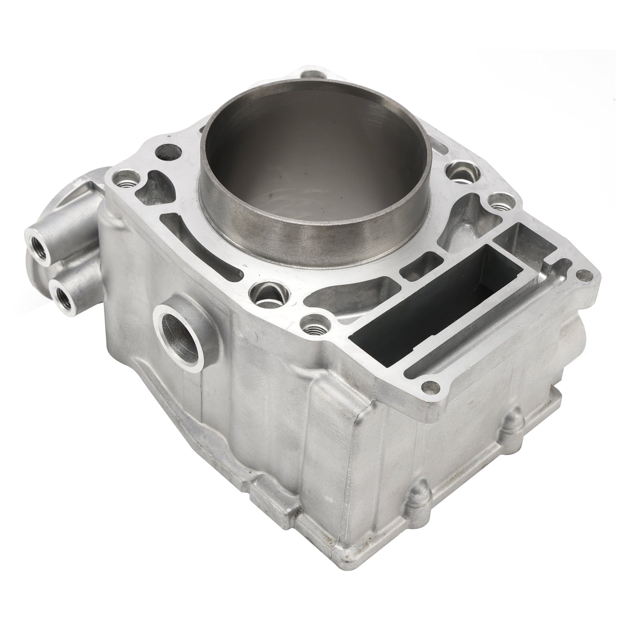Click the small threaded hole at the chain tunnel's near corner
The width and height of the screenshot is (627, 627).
tap(313, 324)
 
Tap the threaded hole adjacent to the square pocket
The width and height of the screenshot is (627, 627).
tap(497, 207)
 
